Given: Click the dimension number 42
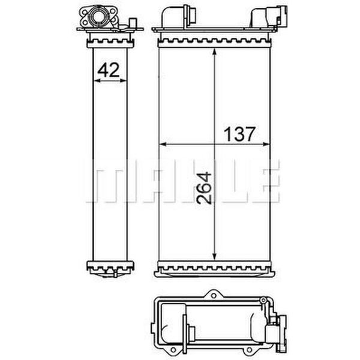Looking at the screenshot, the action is pyautogui.click(x=109, y=70).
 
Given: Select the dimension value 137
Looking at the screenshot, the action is pyautogui.click(x=239, y=134).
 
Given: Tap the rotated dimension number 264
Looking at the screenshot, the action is pyautogui.click(x=204, y=188).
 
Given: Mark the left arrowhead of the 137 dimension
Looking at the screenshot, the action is pyautogui.click(x=163, y=144).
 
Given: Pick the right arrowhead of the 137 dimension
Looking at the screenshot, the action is pyautogui.click(x=266, y=144).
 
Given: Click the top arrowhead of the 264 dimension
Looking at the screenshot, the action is pyautogui.click(x=214, y=52).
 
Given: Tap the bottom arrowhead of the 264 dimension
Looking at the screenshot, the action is pyautogui.click(x=214, y=256).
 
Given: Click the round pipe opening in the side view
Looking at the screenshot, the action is pyautogui.click(x=97, y=16).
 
